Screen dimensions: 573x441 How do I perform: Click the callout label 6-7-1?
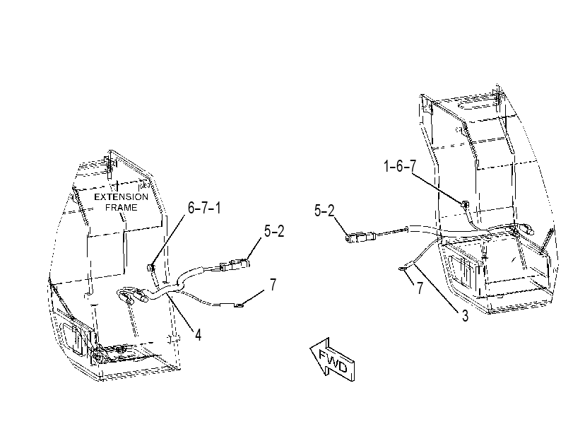(204, 208)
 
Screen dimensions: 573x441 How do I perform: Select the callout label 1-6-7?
(400, 166)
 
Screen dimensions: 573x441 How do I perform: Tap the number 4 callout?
(198, 334)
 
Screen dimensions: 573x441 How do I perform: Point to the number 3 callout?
(465, 316)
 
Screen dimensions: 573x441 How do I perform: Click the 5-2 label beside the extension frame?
(274, 231)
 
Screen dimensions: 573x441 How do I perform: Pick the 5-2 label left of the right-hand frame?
(324, 211)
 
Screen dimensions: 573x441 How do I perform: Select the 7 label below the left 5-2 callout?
(273, 285)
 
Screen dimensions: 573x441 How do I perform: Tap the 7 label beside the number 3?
(420, 288)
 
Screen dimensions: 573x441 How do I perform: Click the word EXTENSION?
(122, 196)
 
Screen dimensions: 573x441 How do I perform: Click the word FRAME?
(122, 207)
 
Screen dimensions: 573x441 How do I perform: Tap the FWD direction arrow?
(333, 360)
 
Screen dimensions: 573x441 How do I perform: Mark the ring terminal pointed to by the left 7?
(238, 304)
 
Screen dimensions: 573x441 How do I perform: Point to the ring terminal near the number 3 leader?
(402, 269)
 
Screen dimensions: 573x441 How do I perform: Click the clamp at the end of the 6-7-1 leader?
(150, 268)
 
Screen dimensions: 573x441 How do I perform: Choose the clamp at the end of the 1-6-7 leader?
(465, 204)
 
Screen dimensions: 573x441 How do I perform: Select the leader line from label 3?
(437, 288)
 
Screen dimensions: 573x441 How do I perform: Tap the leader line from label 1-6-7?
(438, 187)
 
